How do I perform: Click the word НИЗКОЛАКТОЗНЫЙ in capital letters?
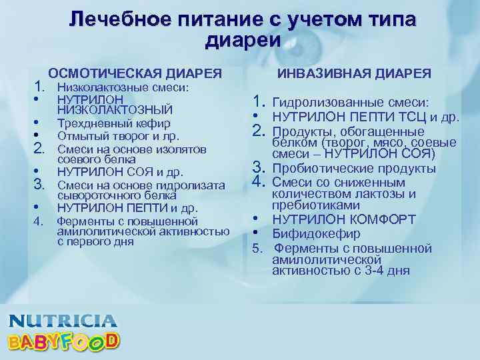pyautogui.click(x=115, y=109)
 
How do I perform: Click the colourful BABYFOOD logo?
pyautogui.click(x=63, y=342)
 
